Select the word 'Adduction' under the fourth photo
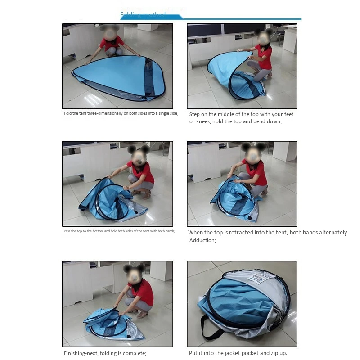point(202,240)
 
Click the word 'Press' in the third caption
point(67,231)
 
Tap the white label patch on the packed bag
point(261,278)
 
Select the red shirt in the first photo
point(111,44)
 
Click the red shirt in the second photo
point(264,56)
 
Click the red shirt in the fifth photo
point(142,291)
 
